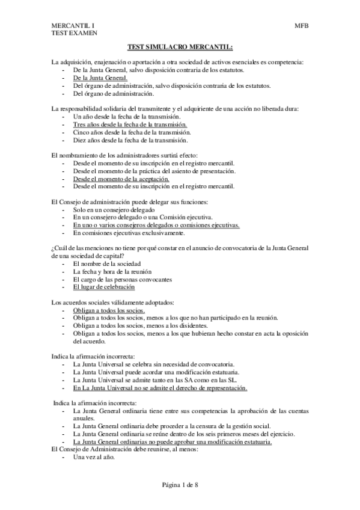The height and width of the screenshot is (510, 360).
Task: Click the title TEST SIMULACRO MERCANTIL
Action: tap(180, 47)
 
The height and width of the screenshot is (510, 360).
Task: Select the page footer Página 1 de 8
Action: tap(180, 484)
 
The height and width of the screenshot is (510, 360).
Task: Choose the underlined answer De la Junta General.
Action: tap(100, 78)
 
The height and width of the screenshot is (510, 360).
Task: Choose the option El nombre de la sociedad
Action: tap(106, 264)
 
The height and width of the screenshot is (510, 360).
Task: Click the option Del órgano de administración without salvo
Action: tap(113, 94)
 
